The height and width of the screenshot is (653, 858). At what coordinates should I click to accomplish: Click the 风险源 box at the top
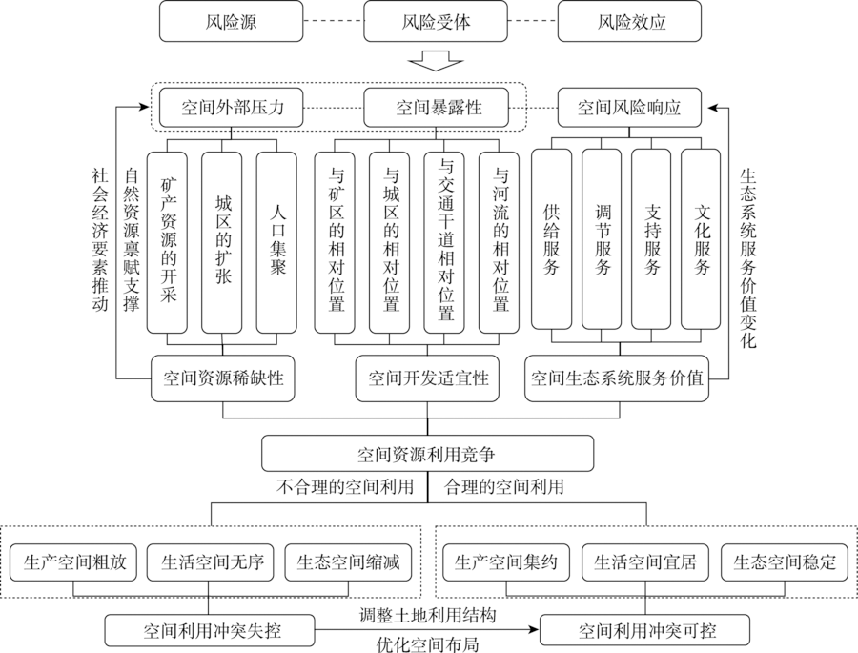pyautogui.click(x=231, y=21)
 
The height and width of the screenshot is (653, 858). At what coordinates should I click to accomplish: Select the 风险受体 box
pyautogui.click(x=436, y=21)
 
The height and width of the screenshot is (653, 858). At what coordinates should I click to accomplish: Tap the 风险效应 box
pyautogui.click(x=629, y=21)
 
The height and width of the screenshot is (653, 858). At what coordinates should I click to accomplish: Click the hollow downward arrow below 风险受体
pyautogui.click(x=436, y=60)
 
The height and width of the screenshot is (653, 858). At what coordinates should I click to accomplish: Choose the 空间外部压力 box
pyautogui.click(x=231, y=108)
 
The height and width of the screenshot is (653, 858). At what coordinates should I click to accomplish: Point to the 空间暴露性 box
pyautogui.click(x=436, y=108)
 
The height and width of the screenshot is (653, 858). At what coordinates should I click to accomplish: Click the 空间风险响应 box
pyautogui.click(x=629, y=108)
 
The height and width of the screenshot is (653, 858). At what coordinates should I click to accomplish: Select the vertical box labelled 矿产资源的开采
pyautogui.click(x=167, y=242)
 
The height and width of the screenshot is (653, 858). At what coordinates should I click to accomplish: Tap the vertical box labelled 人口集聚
pyautogui.click(x=276, y=242)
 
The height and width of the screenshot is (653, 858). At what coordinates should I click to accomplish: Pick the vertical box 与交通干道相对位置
pyautogui.click(x=444, y=242)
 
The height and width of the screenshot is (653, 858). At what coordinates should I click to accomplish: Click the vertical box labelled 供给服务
pyautogui.click(x=552, y=239)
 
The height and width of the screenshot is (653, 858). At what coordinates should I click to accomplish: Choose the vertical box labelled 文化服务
pyautogui.click(x=701, y=239)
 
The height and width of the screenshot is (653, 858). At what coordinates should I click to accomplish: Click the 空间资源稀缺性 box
pyautogui.click(x=223, y=378)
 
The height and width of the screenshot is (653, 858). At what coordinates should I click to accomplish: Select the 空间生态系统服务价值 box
pyautogui.click(x=617, y=378)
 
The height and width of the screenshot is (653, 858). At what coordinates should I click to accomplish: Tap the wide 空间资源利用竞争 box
pyautogui.click(x=427, y=453)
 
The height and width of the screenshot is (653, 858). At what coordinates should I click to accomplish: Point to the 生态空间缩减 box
pyautogui.click(x=348, y=562)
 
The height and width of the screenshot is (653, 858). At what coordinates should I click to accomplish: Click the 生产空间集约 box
pyautogui.click(x=505, y=562)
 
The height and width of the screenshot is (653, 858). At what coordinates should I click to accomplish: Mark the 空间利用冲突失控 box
pyautogui.click(x=210, y=630)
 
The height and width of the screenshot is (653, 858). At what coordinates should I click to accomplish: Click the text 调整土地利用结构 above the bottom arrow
pyautogui.click(x=428, y=615)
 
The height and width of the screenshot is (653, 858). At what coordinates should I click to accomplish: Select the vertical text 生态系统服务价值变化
pyautogui.click(x=748, y=259)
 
